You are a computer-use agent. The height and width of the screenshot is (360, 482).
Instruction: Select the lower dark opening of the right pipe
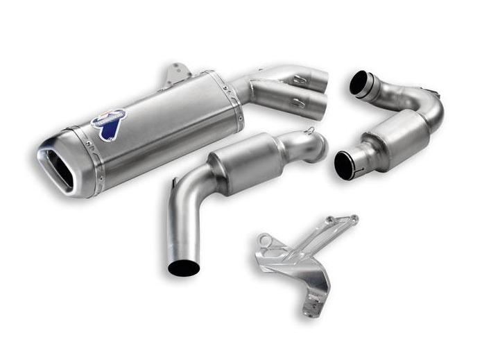(345, 165)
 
